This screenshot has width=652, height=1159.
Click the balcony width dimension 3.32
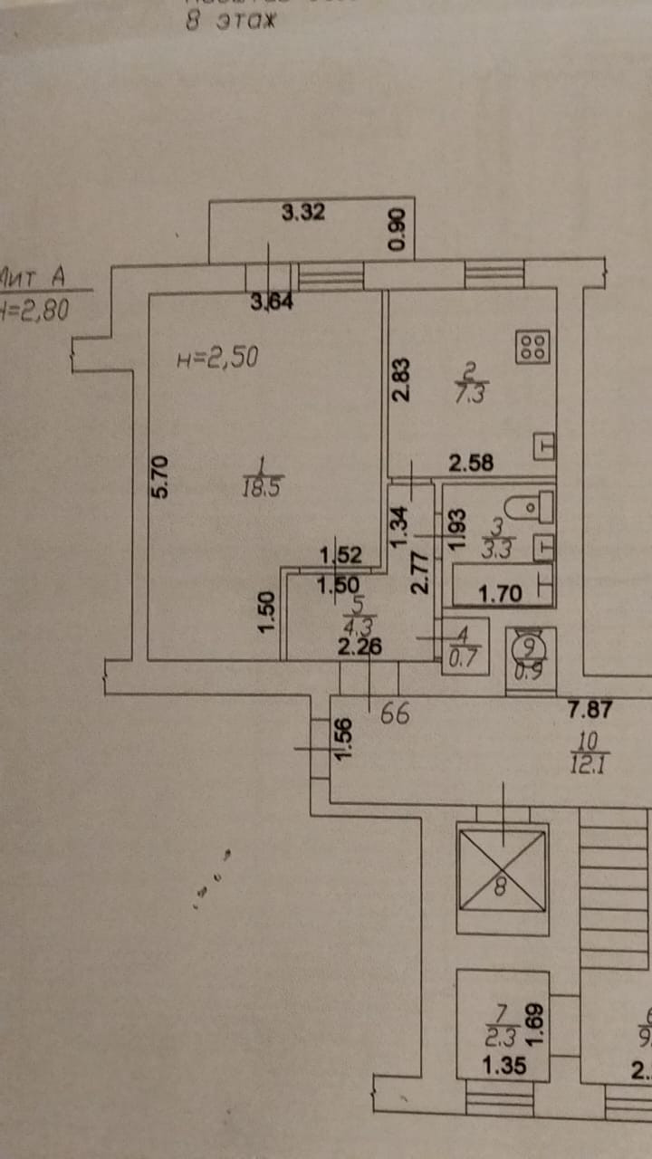point(302,215)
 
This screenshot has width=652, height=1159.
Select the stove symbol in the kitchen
point(532,347)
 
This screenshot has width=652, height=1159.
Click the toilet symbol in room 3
point(530,507)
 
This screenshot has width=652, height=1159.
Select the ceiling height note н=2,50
point(217,358)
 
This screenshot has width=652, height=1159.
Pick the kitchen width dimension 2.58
point(472,465)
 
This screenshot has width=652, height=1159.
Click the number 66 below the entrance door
point(395,714)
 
